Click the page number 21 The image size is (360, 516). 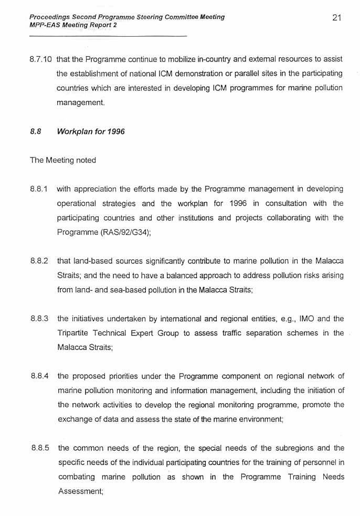click(x=337, y=18)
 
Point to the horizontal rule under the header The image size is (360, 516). click(x=108, y=36)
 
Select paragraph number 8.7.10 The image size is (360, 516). click(x=41, y=60)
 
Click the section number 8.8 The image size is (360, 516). click(x=36, y=132)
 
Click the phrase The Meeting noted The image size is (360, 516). click(x=63, y=161)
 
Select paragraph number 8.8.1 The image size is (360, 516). click(x=39, y=189)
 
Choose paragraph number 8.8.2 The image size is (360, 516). click(x=39, y=261)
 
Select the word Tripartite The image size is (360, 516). click(x=73, y=333)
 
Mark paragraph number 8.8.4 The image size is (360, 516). click(x=39, y=376)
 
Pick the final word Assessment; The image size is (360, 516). click(x=80, y=491)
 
